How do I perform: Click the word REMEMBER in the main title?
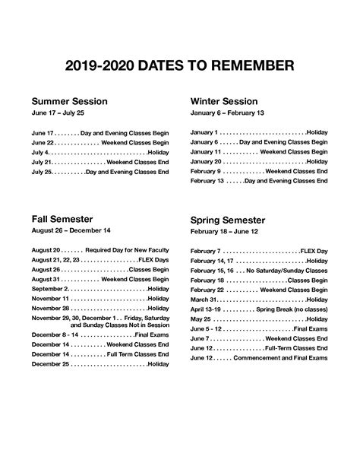click(x=249, y=67)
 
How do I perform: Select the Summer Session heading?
click(x=69, y=101)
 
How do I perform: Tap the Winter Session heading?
click(x=224, y=101)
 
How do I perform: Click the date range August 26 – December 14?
click(x=71, y=230)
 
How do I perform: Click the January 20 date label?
click(x=206, y=162)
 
